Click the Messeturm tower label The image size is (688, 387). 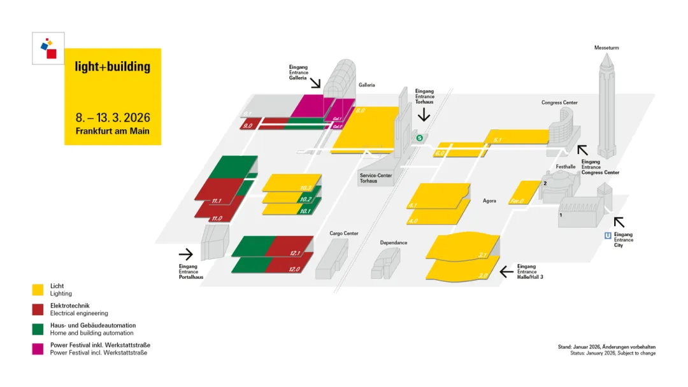[606, 48]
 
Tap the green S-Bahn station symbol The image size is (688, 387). [419, 137]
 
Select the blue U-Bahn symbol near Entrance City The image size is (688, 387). [608, 236]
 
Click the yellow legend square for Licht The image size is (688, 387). [38, 290]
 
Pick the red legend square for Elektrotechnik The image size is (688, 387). [38, 309]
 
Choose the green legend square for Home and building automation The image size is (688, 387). [38, 329]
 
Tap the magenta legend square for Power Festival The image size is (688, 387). [38, 349]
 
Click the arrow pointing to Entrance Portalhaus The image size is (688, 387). [185, 255]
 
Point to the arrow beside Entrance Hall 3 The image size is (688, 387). [506, 272]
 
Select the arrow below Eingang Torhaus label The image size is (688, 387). [424, 115]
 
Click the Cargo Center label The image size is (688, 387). [344, 234]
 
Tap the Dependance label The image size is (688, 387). [394, 243]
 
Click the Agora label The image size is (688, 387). [489, 201]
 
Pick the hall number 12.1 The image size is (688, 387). [295, 253]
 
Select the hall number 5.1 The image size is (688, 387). [498, 139]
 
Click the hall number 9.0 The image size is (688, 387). [248, 126]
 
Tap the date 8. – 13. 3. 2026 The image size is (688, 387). [113, 118]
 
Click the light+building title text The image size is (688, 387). [113, 66]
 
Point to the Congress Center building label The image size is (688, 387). [559, 102]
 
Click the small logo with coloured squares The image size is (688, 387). [48, 48]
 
